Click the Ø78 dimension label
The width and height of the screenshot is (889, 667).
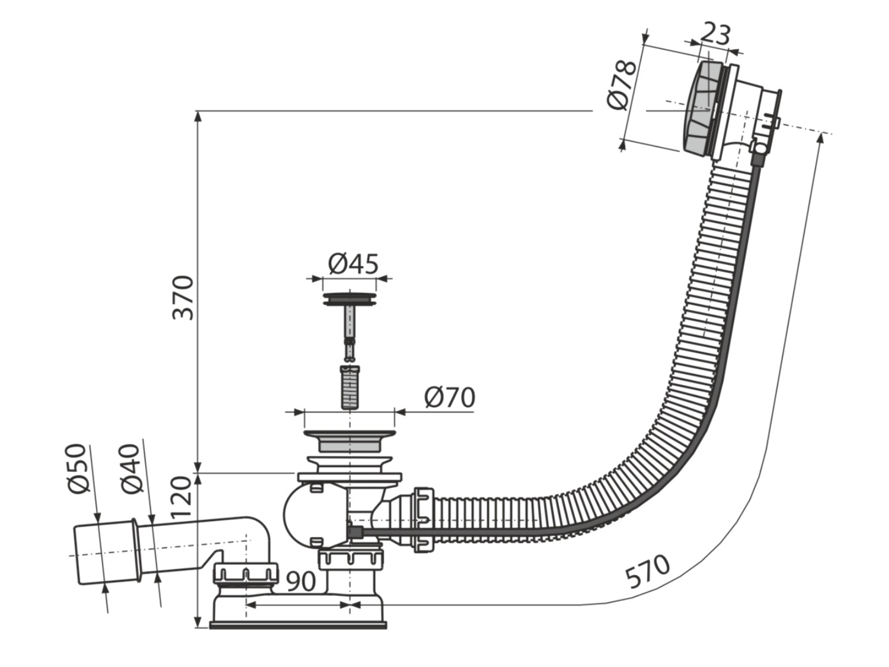point(622,85)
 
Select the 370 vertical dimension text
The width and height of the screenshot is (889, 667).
point(183,298)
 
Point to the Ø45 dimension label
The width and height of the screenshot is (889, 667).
point(353,264)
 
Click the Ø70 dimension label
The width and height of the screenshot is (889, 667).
point(450,397)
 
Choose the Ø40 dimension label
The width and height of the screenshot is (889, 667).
point(132,468)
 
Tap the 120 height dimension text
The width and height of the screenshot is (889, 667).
point(181,497)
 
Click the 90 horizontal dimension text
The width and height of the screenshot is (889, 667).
point(301,581)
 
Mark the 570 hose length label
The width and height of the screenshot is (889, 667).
point(647,572)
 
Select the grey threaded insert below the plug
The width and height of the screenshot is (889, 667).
point(349,387)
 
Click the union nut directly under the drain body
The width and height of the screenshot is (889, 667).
point(351,559)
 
